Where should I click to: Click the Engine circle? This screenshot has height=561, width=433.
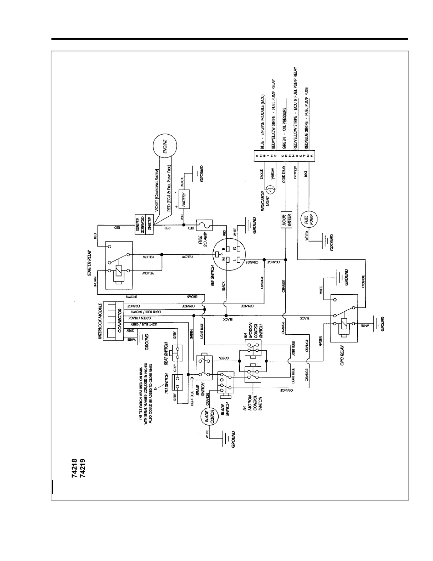[x=165, y=146]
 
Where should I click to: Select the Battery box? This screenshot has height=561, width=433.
[x=184, y=199]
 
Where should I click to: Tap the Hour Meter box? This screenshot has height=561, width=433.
[x=287, y=221]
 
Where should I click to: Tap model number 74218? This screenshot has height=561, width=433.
[x=75, y=468]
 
